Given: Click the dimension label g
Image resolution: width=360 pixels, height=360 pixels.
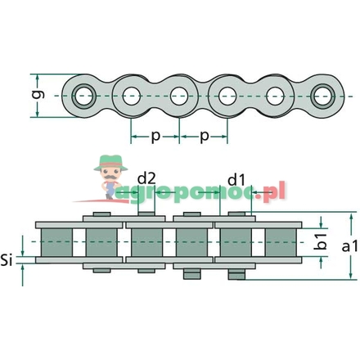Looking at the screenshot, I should point(35,95).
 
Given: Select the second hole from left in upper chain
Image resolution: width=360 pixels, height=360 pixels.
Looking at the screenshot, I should point(131,97).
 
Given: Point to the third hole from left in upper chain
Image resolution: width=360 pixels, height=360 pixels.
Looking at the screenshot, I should point(179,97).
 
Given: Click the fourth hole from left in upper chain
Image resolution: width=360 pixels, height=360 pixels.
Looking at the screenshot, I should point(227,97).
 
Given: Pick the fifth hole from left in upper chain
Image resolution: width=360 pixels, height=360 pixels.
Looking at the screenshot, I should point(275,97).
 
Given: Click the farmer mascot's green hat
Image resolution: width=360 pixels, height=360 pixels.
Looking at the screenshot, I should point(109,162).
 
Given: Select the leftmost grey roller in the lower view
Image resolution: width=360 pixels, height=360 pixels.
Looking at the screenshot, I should point(58,242).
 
